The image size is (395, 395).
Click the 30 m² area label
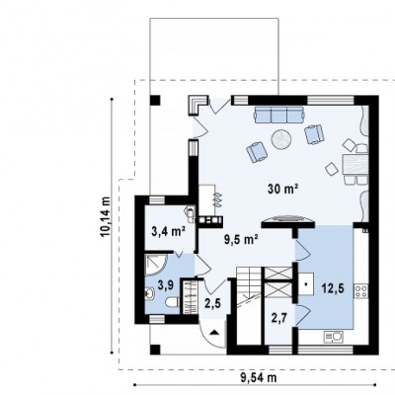[283, 189]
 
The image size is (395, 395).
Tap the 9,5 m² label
[241, 240]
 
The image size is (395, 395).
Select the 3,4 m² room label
[168, 231]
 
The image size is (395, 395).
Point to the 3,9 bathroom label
[166, 284]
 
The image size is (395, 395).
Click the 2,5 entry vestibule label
[212, 303]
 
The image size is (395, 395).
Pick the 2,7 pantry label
[279, 318]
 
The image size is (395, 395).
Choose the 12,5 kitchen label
[334, 288]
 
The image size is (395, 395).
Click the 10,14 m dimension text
[106, 216]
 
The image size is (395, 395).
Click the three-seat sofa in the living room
[279, 115]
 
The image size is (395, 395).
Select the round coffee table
[281, 139]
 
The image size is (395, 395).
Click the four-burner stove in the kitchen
[361, 291]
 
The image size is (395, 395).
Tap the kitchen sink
[334, 337]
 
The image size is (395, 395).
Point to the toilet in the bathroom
[172, 301]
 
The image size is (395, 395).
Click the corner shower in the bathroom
[156, 265]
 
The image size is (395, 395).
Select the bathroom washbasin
[149, 293]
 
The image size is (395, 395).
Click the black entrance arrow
[214, 332]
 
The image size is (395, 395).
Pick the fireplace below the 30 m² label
[288, 221]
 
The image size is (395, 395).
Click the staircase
[249, 286]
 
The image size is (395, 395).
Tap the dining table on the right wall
[355, 165]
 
